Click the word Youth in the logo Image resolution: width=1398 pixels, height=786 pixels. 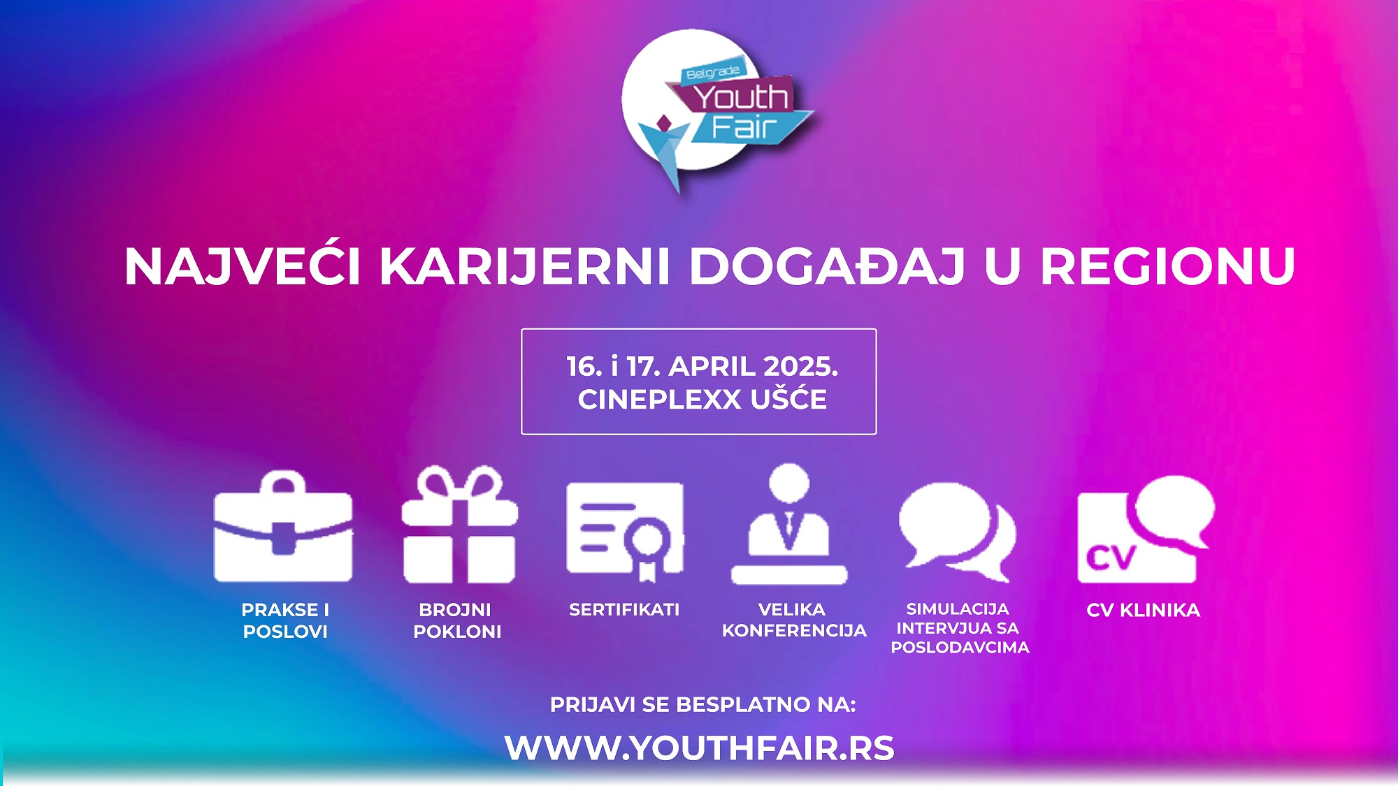pyautogui.click(x=741, y=98)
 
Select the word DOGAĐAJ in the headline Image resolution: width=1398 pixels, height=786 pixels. pyautogui.click(x=828, y=266)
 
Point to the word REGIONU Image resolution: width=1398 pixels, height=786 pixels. pyautogui.click(x=1168, y=266)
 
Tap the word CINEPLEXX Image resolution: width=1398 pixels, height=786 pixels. pyautogui.click(x=659, y=400)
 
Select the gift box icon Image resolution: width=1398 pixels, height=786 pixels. pyautogui.click(x=459, y=524)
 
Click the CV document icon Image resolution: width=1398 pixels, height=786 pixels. pyautogui.click(x=1146, y=530)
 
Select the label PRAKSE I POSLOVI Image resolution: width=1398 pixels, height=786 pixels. pyautogui.click(x=285, y=620)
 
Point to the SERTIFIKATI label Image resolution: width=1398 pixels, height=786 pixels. pyautogui.click(x=624, y=610)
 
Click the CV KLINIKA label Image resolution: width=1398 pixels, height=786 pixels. pyautogui.click(x=1144, y=610)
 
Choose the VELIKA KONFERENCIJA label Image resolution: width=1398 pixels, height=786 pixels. pyautogui.click(x=794, y=620)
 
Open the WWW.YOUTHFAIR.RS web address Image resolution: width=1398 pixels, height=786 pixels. pyautogui.click(x=699, y=748)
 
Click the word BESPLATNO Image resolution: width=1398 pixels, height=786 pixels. pyautogui.click(x=743, y=704)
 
